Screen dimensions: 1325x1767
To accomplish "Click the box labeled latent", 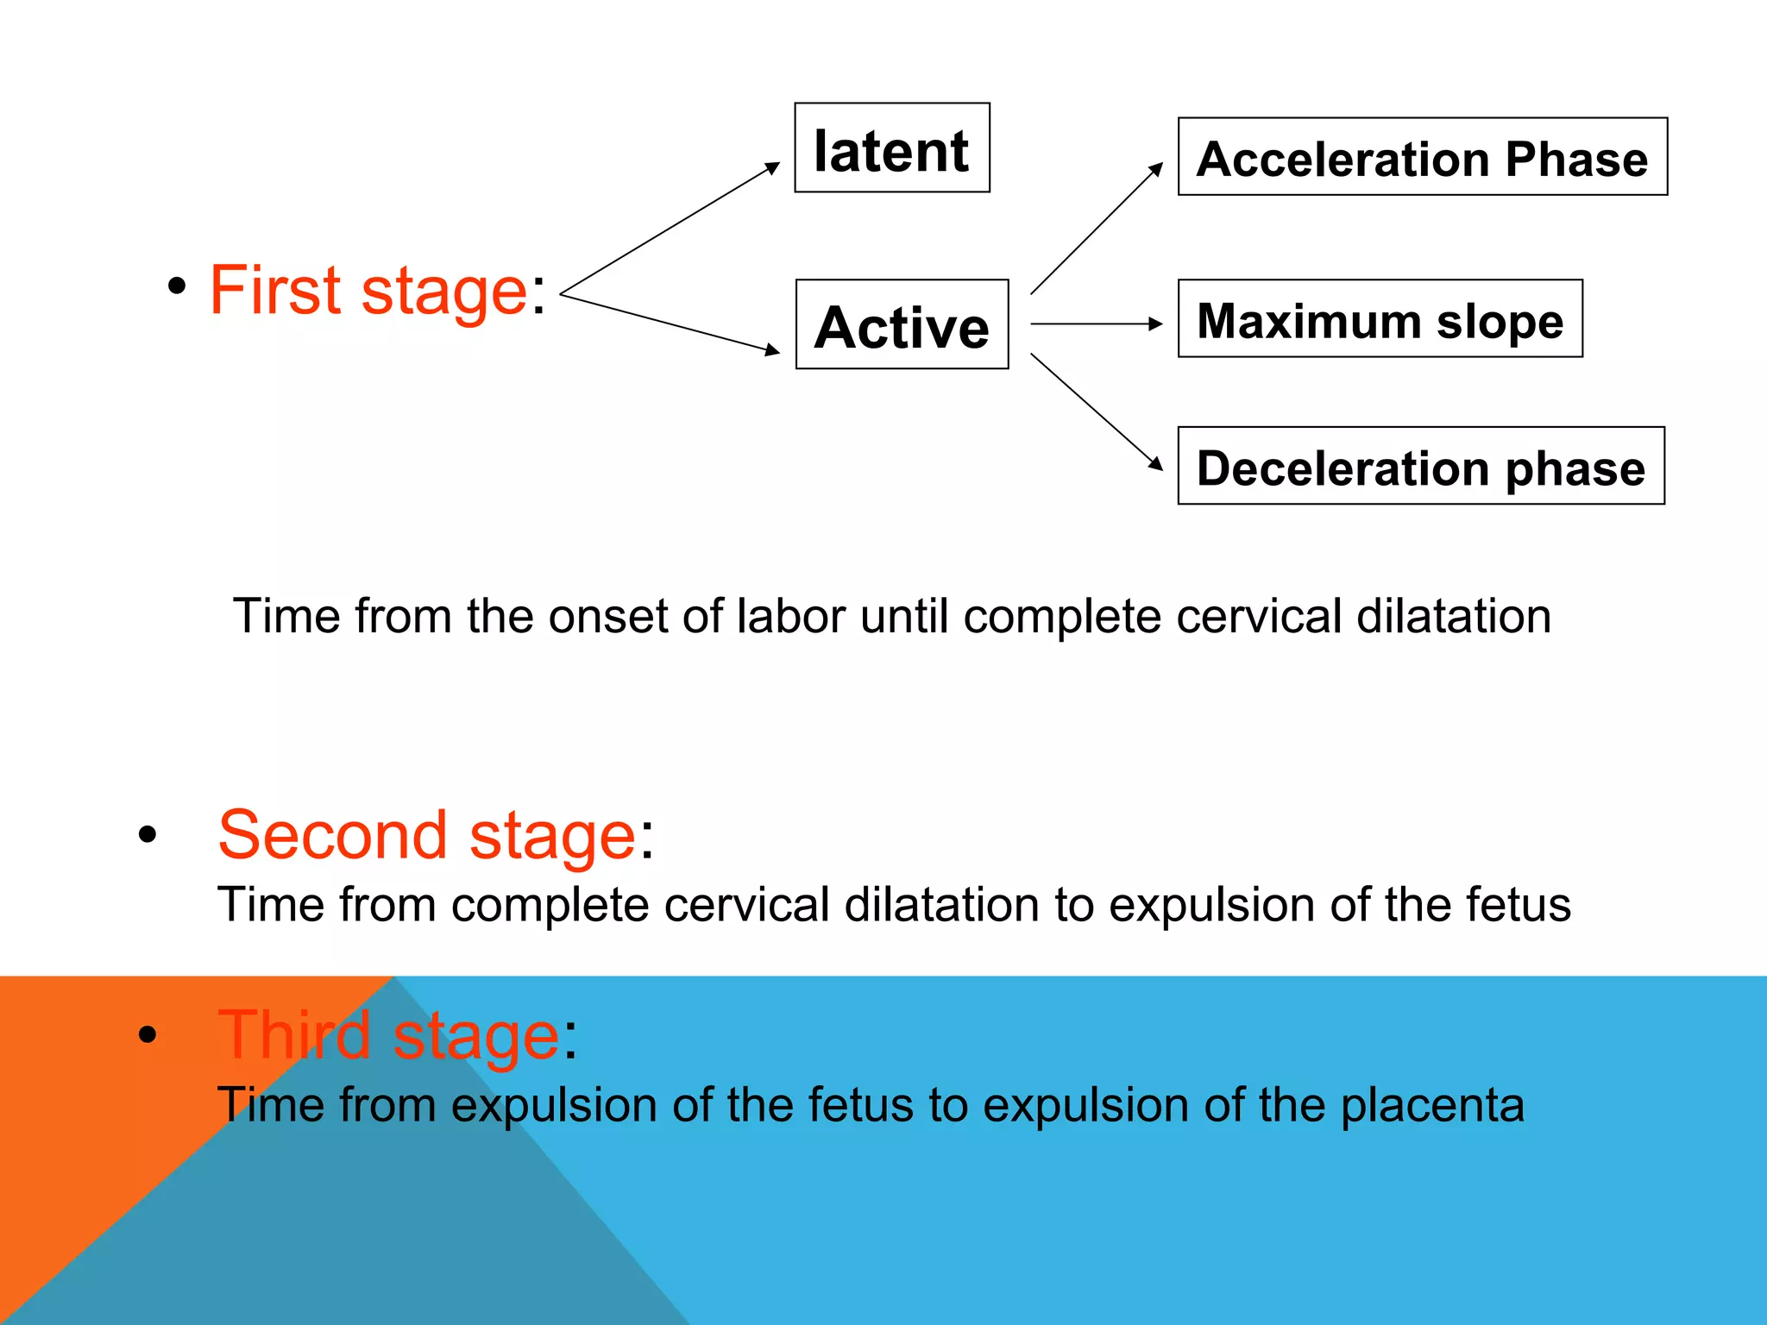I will click(891, 148).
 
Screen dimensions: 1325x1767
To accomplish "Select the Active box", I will click(902, 324).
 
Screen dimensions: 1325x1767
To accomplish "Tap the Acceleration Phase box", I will click(1422, 157).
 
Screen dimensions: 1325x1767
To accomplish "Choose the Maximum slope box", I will click(1380, 318).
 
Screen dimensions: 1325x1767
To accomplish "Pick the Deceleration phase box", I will click(1420, 466).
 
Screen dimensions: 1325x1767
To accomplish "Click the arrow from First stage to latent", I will click(670, 229).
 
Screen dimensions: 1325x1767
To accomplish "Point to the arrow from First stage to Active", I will click(670, 323).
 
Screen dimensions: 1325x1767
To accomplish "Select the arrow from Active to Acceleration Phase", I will click(1097, 229).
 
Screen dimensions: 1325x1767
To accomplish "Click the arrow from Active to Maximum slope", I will click(1097, 324).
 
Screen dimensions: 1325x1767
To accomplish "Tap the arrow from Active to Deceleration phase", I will click(1097, 411).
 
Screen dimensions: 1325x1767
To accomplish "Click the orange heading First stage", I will click(368, 291).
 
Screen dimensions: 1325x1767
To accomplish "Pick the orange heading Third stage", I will click(389, 1034).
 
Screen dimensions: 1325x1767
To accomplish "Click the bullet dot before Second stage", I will click(148, 834).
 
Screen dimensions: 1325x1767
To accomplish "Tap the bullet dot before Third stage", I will click(148, 1033).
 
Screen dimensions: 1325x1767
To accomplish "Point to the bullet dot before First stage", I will click(177, 286).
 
